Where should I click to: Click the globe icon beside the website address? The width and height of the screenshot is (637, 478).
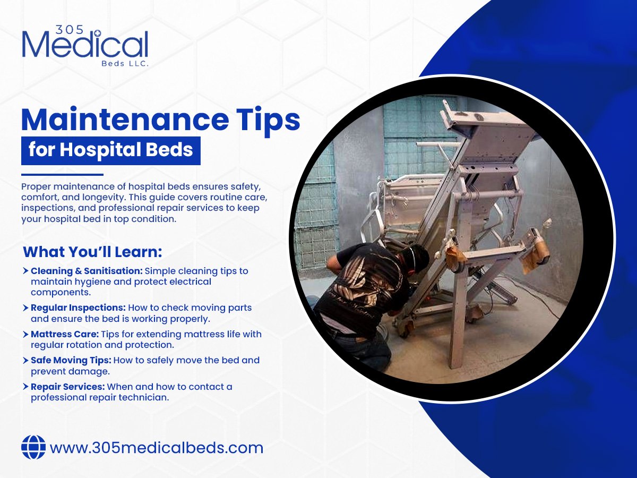click(x=33, y=447)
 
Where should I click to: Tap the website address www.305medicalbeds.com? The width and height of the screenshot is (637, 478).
click(x=157, y=448)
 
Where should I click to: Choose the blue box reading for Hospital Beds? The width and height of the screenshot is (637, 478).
click(x=110, y=150)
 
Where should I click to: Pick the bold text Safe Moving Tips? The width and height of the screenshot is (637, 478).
click(x=71, y=360)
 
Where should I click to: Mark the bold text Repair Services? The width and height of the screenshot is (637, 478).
click(x=67, y=387)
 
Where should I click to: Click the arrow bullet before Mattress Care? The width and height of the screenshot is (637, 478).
click(x=26, y=335)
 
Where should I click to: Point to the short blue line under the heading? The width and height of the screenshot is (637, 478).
click(x=62, y=175)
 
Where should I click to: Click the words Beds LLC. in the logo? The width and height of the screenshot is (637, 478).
click(x=126, y=63)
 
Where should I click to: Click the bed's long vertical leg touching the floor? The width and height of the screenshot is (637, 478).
click(x=457, y=319)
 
